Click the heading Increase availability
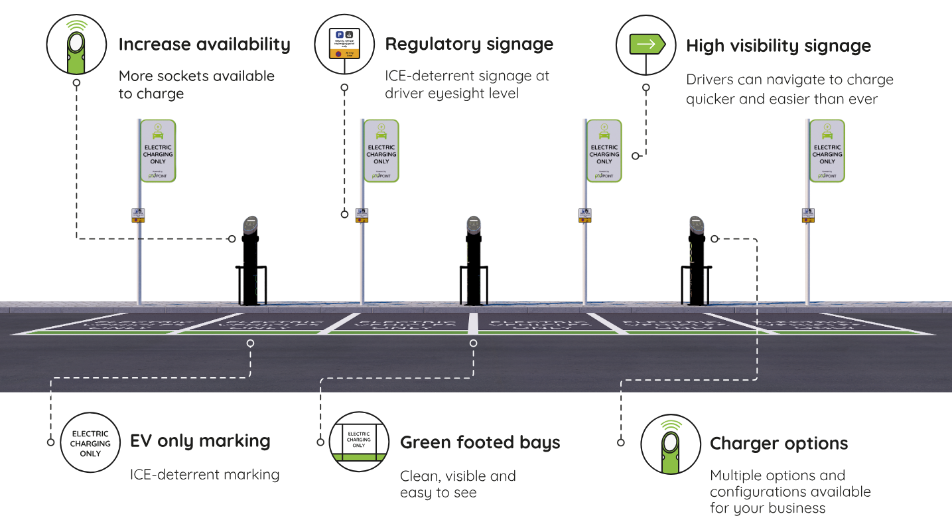pos(204,44)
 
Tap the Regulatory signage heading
pos(469,44)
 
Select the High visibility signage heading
pos(778,46)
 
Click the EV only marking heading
pos(200,441)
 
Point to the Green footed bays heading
pos(480,443)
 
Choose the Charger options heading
pos(779,444)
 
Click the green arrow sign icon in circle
pos(646,45)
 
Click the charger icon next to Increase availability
pos(77,44)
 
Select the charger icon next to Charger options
pos(671,444)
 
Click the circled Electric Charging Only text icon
pos(90,443)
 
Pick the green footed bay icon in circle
pos(359,442)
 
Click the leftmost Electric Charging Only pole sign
pos(158,151)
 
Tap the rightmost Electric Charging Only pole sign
pos(827,151)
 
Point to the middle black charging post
pos(473,262)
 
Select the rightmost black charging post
pos(695,262)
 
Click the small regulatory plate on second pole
pos(362,215)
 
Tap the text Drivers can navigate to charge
pos(789,80)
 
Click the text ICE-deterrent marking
pos(204,475)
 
